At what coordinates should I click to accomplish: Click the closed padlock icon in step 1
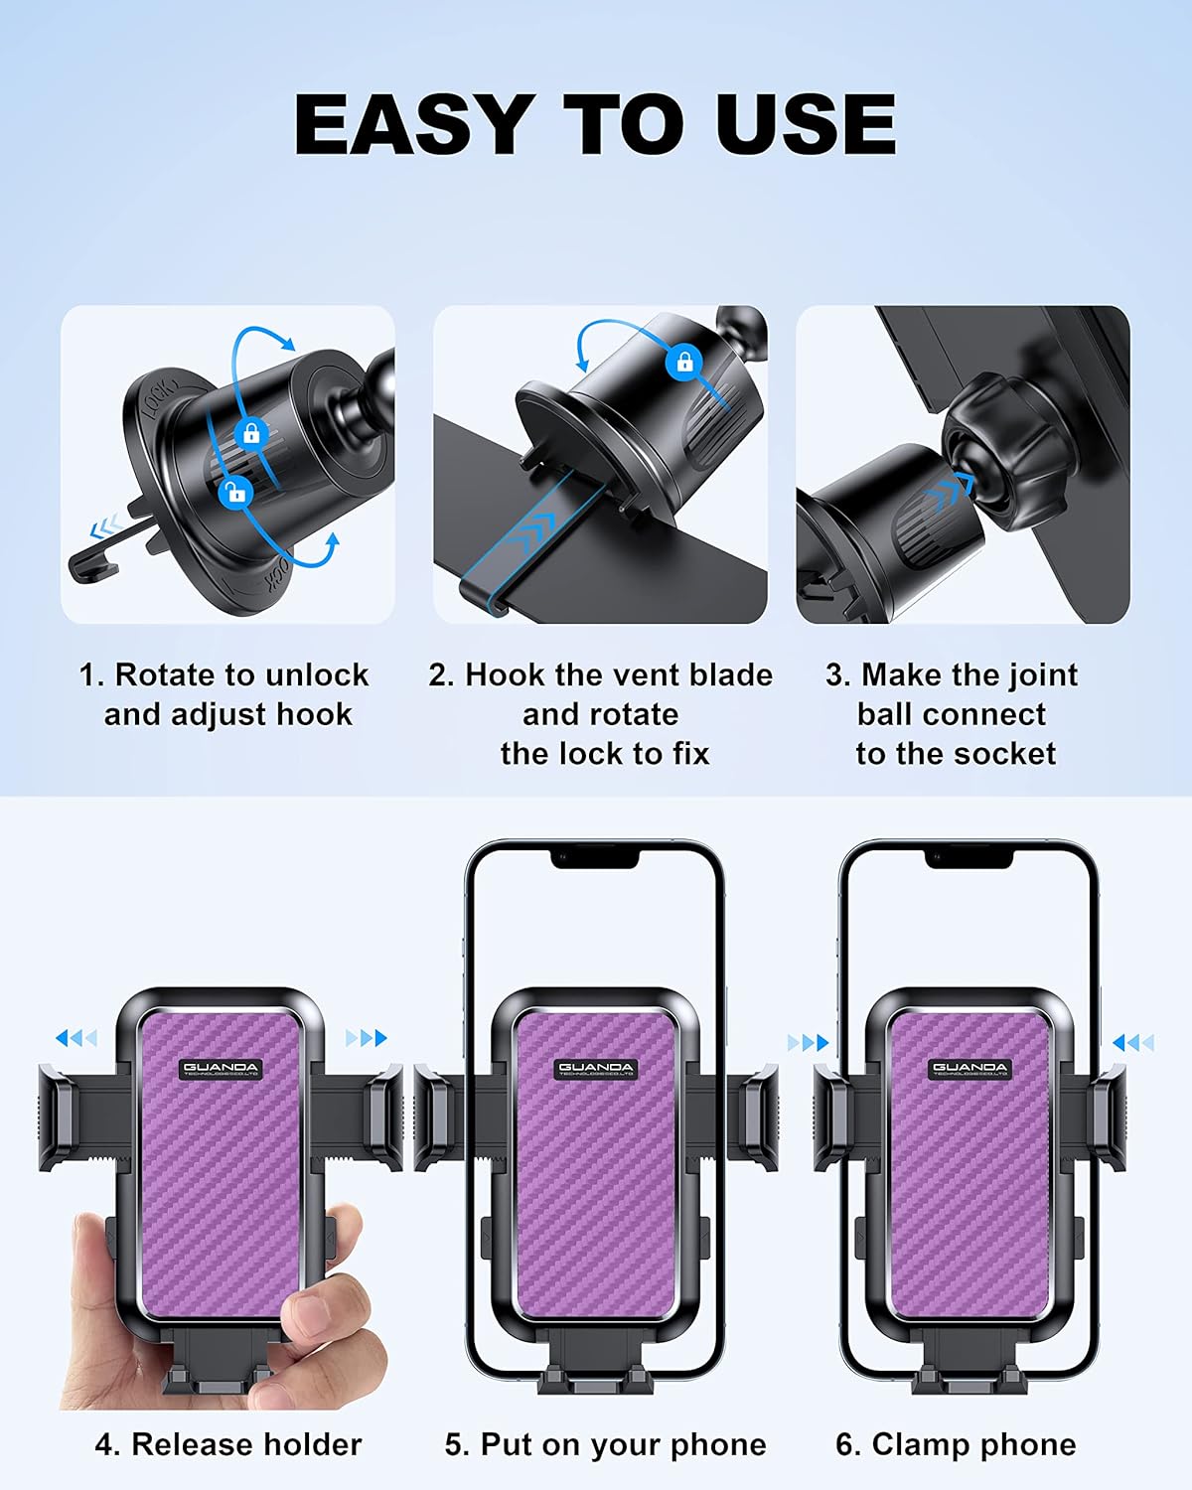point(250,433)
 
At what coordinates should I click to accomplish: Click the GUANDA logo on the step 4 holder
point(220,1069)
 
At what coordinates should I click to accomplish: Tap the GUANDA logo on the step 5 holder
point(595,1069)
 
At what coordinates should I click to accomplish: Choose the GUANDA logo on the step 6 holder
point(969,1069)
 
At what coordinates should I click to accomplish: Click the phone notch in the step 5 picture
point(595,857)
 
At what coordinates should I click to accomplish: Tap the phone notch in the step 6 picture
point(969,857)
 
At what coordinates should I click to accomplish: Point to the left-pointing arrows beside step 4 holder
point(75,1038)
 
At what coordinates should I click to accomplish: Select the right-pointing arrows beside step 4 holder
point(366,1038)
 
